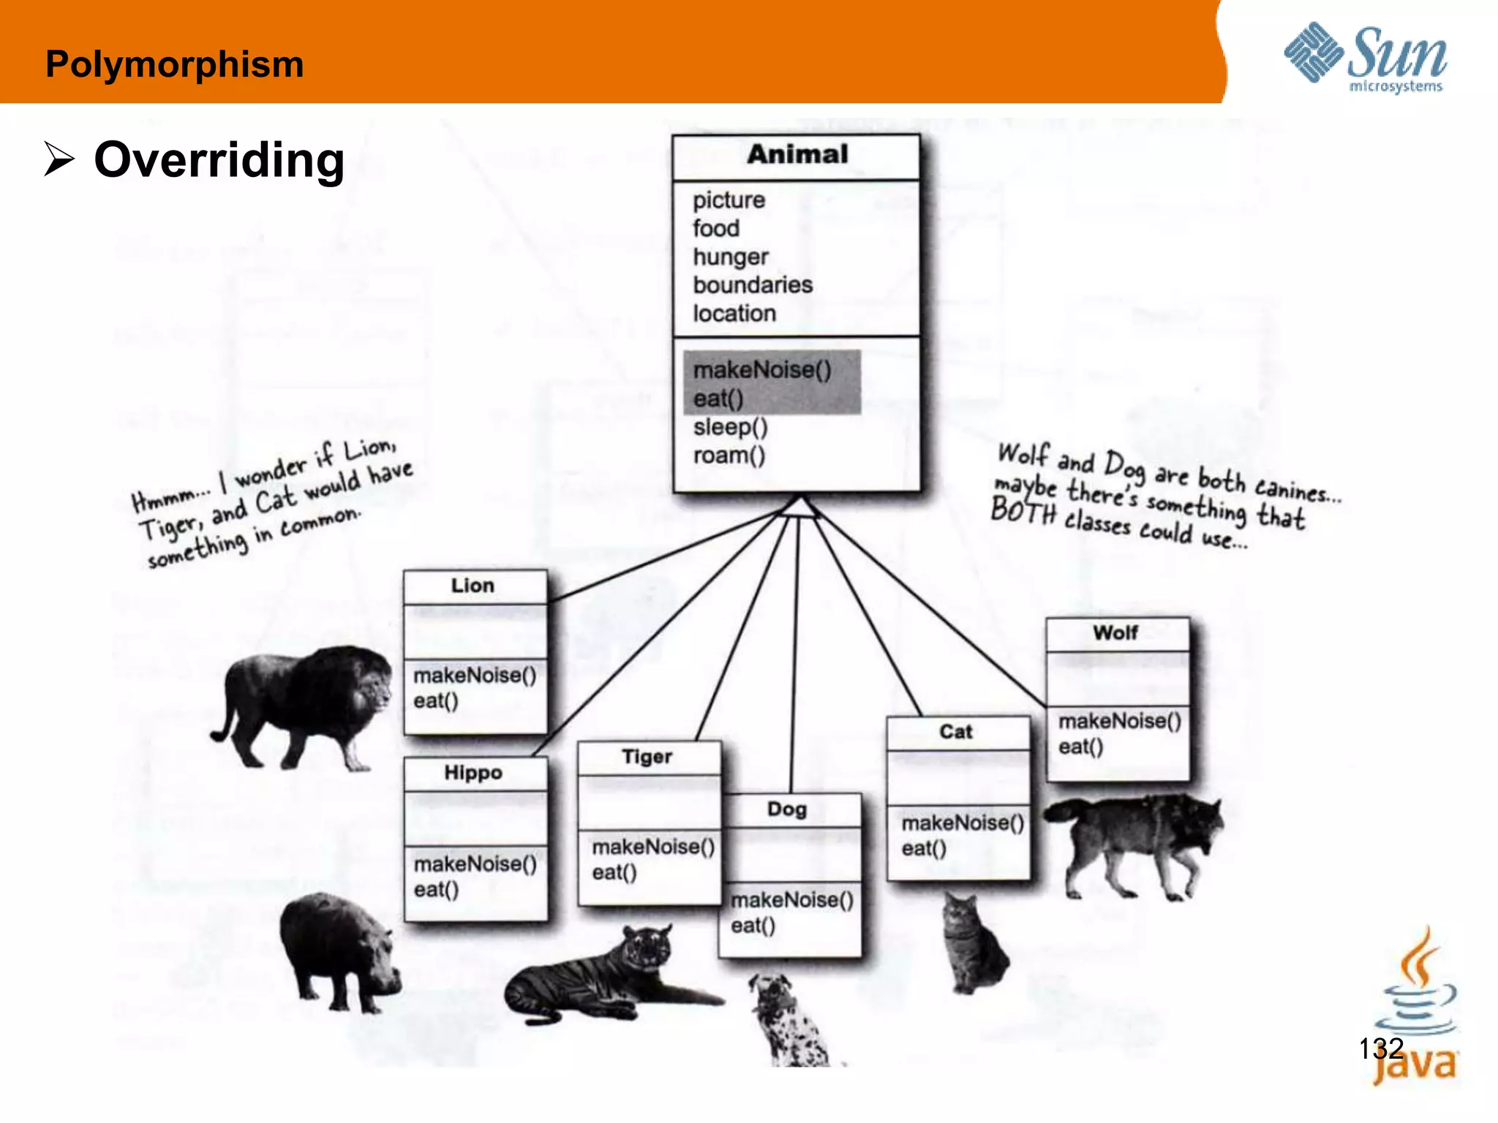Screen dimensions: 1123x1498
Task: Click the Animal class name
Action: tap(797, 154)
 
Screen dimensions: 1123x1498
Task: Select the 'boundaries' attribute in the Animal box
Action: tap(753, 285)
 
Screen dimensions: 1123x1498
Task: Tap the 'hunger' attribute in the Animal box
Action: tap(731, 257)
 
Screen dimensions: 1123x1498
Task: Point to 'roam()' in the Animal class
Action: tap(729, 455)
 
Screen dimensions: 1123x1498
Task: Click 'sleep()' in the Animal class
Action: tap(731, 427)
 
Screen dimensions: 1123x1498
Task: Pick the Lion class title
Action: tap(473, 586)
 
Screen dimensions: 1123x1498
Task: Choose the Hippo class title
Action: tap(473, 773)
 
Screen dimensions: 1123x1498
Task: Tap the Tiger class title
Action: tap(647, 757)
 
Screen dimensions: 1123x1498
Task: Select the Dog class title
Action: tap(787, 809)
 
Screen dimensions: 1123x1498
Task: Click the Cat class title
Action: tap(956, 732)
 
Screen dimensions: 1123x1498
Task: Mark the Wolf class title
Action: tap(1115, 632)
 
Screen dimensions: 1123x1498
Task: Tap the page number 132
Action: tap(1380, 1048)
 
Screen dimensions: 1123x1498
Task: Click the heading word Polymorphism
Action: tap(174, 64)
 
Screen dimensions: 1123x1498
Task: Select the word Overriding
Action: tap(219, 160)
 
